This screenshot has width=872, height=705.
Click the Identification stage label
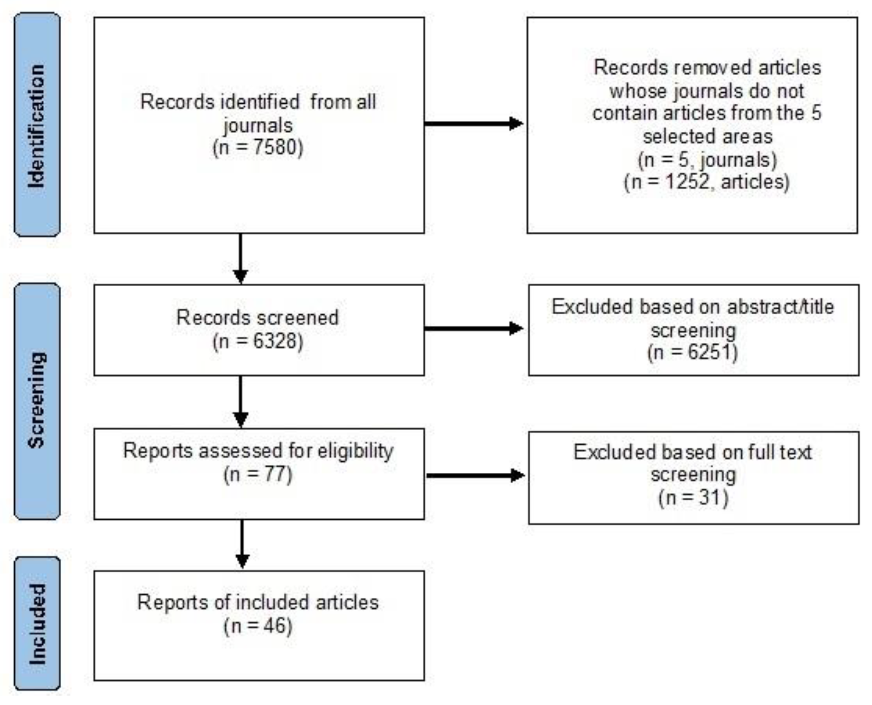click(37, 125)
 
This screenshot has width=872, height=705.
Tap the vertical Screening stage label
click(37, 400)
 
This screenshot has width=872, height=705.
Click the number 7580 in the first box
click(278, 147)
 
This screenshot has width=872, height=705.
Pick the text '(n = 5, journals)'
click(707, 160)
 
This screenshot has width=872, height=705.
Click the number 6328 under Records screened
click(277, 341)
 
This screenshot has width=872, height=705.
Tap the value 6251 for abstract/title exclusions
click(712, 352)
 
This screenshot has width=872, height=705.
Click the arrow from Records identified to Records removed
click(474, 123)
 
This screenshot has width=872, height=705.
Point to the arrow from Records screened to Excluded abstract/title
click(474, 328)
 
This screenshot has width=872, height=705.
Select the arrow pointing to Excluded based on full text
click(476, 475)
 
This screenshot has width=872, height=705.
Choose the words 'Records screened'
click(258, 318)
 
